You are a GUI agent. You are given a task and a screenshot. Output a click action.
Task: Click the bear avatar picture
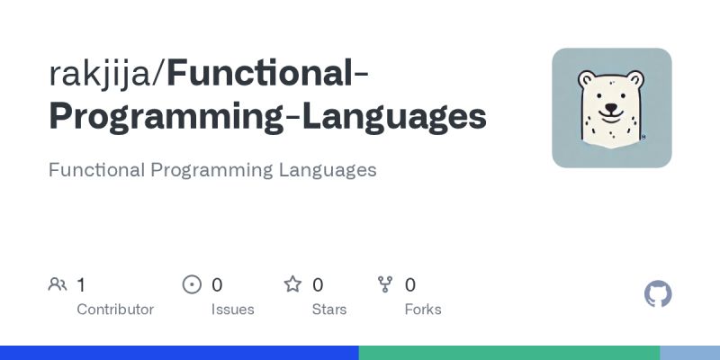coord(612,108)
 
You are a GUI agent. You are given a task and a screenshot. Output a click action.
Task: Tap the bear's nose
coord(611,104)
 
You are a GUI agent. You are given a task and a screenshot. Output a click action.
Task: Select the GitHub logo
coord(659,294)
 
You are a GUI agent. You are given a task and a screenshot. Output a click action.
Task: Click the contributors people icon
coord(58,285)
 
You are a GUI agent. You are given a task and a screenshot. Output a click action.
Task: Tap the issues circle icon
coord(192,285)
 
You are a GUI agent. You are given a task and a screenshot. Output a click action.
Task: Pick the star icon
coord(292,285)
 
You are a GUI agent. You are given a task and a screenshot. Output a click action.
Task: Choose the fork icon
coord(385,285)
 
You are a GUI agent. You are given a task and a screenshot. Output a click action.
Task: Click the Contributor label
coord(115,310)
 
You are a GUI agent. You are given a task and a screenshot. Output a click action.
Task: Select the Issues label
coord(233,310)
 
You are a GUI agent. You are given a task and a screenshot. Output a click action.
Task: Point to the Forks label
coord(423,310)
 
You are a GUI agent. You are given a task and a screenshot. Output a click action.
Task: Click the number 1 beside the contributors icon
coord(81,285)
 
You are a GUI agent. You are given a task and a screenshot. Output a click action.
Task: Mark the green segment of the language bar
coord(508,353)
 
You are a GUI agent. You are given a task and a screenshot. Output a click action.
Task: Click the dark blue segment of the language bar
coord(179,353)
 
